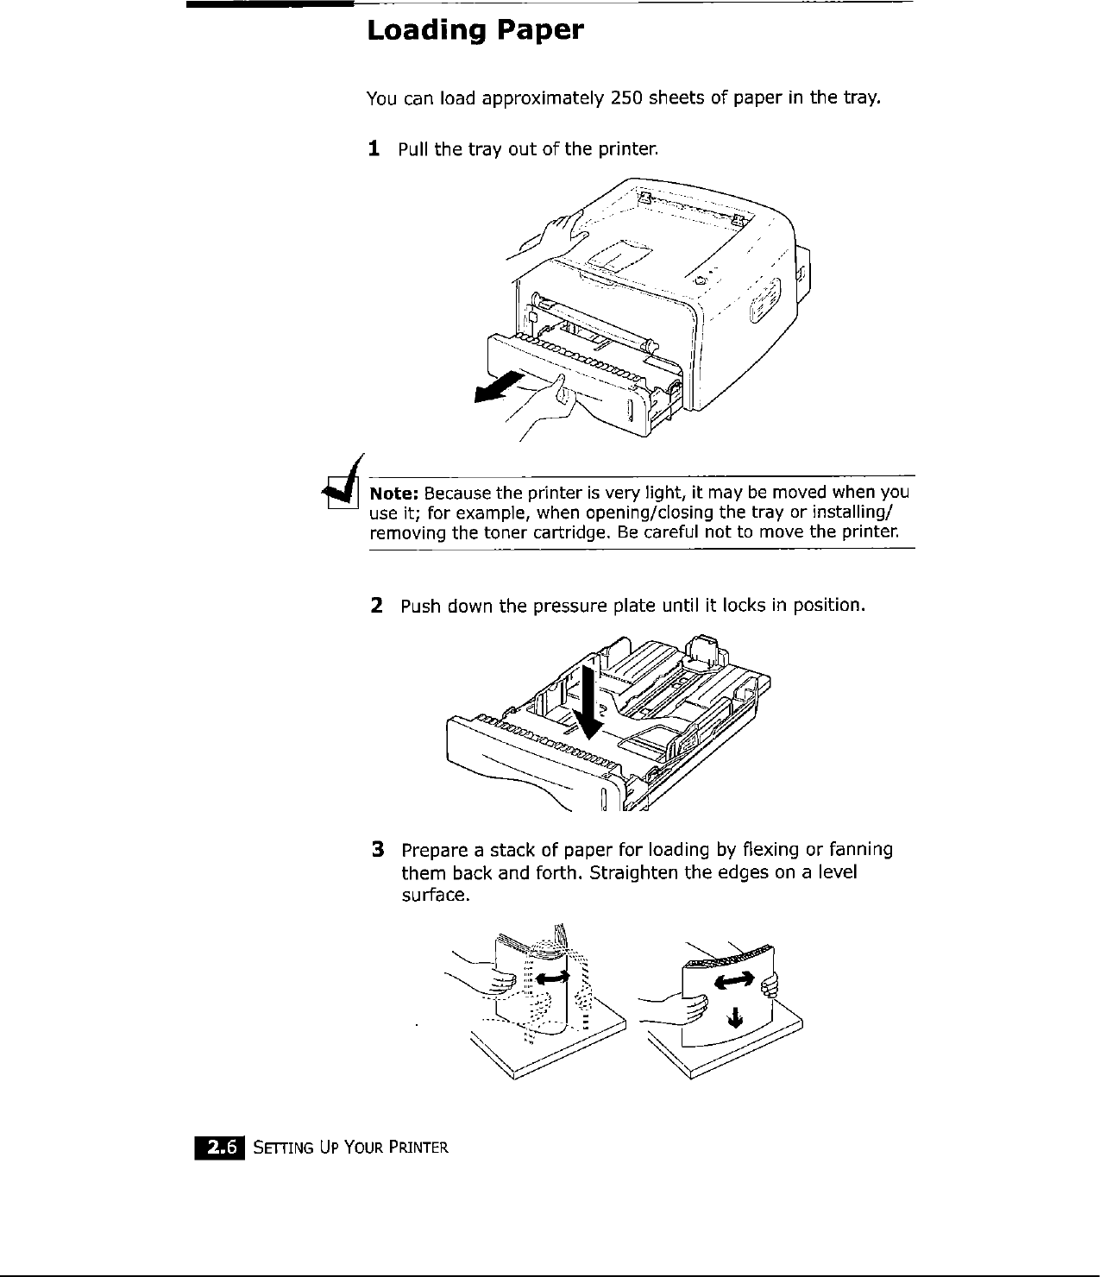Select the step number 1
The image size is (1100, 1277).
point(374,149)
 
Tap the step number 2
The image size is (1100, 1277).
point(376,605)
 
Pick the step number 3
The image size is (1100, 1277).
point(377,850)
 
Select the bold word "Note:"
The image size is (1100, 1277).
point(394,494)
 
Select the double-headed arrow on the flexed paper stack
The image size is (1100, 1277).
point(552,976)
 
